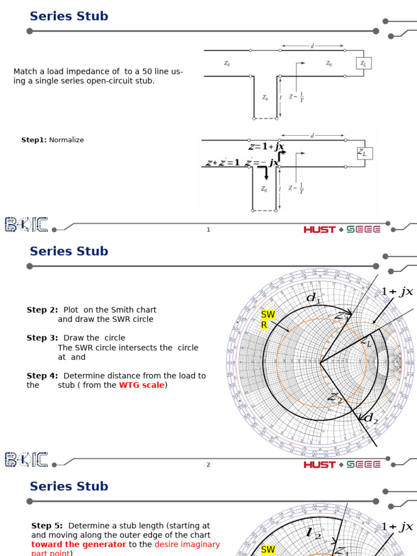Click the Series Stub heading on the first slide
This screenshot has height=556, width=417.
tap(69, 16)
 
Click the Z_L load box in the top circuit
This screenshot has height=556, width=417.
tap(363, 64)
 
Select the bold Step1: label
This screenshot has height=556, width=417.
tap(34, 140)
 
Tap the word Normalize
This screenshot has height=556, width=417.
tap(66, 140)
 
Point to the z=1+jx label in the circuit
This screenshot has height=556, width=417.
tap(267, 147)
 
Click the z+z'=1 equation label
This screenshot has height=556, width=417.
tap(223, 162)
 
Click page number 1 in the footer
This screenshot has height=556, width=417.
tap(208, 230)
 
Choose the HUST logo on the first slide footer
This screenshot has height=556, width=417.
tap(319, 230)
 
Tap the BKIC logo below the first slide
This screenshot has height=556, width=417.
tap(27, 225)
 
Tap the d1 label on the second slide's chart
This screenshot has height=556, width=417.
tap(314, 298)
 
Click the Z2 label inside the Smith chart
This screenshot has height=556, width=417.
tap(334, 398)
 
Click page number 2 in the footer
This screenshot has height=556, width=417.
tap(208, 465)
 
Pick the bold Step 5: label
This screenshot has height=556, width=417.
tap(47, 526)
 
